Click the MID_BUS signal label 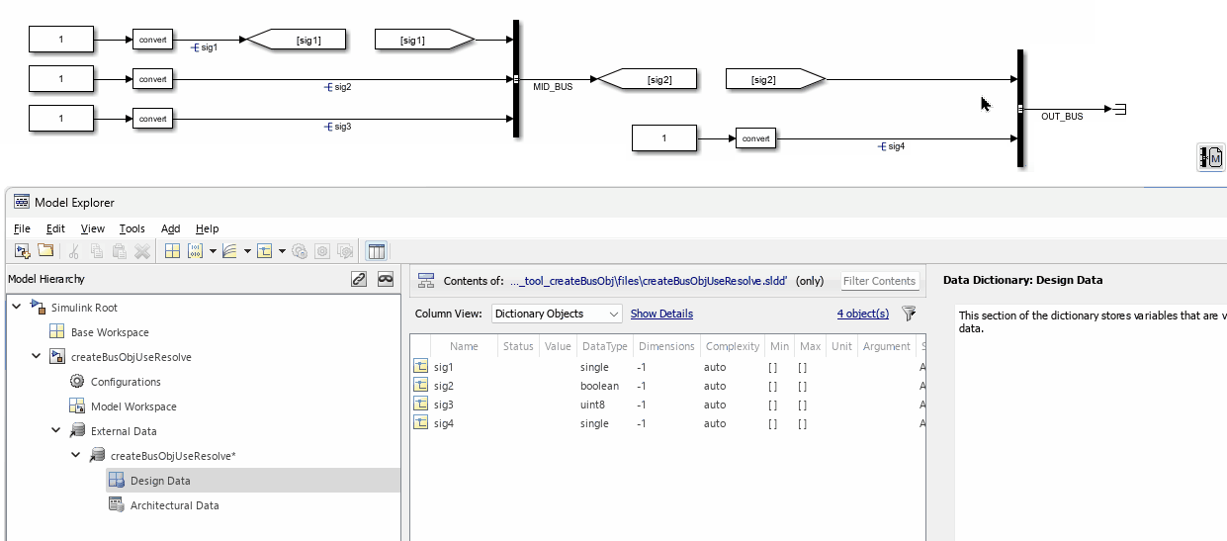click(x=553, y=87)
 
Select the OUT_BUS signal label click(x=1062, y=116)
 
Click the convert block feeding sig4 click(x=755, y=138)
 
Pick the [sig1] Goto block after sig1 click(x=297, y=40)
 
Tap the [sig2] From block click(x=775, y=79)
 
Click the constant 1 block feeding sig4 click(x=663, y=138)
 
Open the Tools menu click(x=132, y=228)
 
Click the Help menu click(x=207, y=228)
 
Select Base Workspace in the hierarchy click(x=110, y=332)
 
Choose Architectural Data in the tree click(x=174, y=505)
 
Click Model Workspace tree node click(x=133, y=406)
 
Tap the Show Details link click(x=661, y=314)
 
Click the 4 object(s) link click(x=863, y=314)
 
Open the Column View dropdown click(x=557, y=314)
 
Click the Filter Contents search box click(x=879, y=281)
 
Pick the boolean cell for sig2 click(x=599, y=386)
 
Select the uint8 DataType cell click(x=592, y=405)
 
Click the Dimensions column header click(x=666, y=346)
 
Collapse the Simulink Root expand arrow click(x=17, y=307)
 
